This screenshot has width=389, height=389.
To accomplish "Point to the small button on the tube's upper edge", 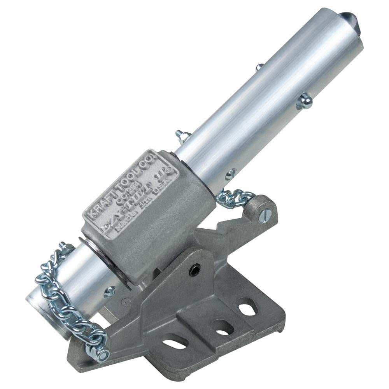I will click(259, 67).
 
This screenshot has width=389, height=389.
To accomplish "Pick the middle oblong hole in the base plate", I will click(222, 327).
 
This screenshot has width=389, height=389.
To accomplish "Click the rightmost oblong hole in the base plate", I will click(247, 307).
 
